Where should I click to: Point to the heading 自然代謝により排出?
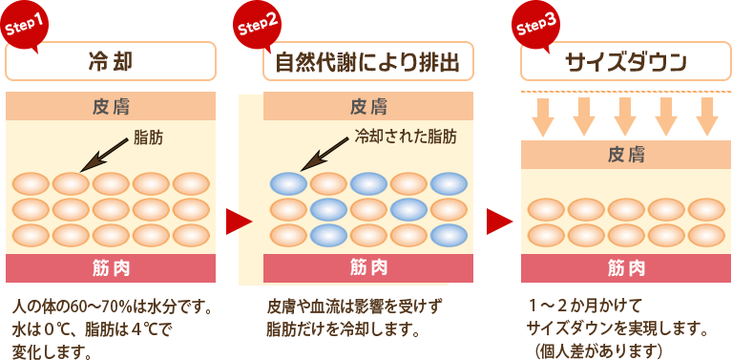(367, 63)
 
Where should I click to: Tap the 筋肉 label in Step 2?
(367, 266)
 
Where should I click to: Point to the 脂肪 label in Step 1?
(149, 138)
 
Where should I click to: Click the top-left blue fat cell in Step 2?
(288, 182)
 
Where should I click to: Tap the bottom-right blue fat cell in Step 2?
(449, 234)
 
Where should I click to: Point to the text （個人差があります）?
(598, 350)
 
